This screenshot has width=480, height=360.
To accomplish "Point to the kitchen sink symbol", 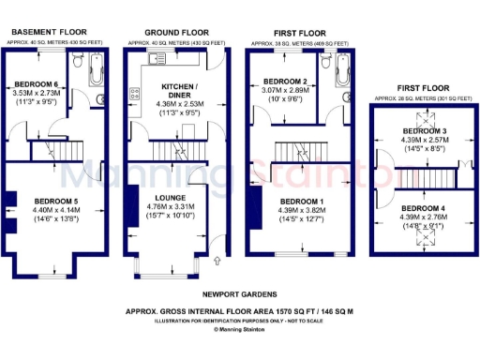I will pos(156,58).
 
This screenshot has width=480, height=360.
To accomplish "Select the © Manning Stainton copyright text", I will pos(240,330).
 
